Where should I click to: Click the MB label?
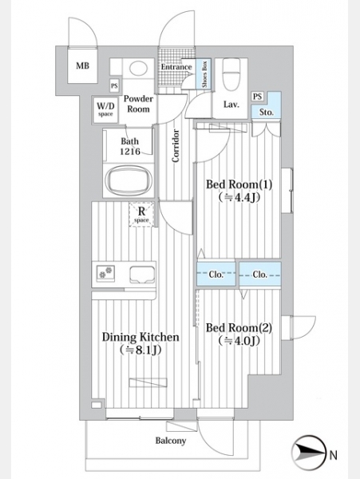(82, 65)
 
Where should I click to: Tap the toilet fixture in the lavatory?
(231, 75)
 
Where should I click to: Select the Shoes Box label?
(204, 74)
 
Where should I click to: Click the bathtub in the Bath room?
(129, 182)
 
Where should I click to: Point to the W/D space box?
(105, 109)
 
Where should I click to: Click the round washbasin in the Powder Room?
(138, 68)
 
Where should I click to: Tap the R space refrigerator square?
(141, 215)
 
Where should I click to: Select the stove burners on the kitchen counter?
(105, 272)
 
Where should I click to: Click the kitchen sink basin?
(142, 275)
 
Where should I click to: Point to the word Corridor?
(176, 146)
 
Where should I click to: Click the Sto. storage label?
(267, 113)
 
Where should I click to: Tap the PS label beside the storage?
(258, 97)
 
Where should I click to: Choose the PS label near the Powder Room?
(114, 86)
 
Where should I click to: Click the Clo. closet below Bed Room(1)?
(216, 274)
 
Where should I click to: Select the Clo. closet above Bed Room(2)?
(260, 275)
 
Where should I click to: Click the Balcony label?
(171, 441)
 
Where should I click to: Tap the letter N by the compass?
(333, 456)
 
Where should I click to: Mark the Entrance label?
(176, 66)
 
